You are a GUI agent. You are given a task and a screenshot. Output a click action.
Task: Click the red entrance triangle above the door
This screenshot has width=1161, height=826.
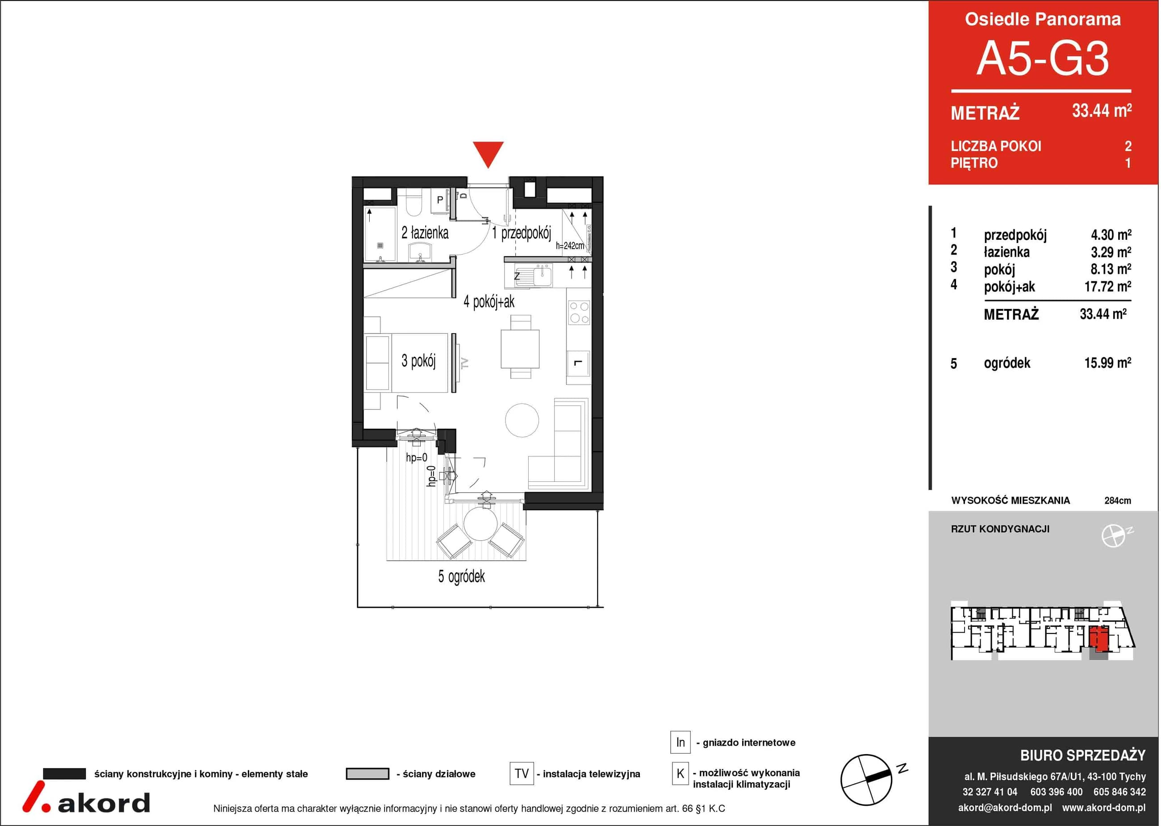point(488,154)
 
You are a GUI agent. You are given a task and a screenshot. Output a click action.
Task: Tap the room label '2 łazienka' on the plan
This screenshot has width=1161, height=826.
point(425,233)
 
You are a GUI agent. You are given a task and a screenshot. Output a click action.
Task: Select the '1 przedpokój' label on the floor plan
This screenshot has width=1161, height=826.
point(521,234)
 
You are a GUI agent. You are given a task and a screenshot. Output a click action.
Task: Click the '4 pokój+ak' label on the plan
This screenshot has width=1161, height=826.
point(489,302)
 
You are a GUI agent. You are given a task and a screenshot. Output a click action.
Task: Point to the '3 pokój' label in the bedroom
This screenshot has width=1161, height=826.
point(418,361)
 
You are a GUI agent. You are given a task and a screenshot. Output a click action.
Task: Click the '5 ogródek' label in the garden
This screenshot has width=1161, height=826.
point(461,576)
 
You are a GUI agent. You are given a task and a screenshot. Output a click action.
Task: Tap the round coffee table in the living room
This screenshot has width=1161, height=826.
point(522,420)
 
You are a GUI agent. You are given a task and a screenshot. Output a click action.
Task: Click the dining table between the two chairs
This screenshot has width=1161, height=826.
point(520,349)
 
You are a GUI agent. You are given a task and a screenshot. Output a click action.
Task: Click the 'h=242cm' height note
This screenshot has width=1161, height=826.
point(570,246)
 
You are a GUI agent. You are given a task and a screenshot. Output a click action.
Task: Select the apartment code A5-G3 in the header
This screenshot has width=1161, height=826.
point(1043,59)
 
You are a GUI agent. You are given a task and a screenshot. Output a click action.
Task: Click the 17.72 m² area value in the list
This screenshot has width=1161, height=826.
point(1107,286)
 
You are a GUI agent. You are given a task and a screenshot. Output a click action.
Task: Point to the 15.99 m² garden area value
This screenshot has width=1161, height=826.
point(1107,363)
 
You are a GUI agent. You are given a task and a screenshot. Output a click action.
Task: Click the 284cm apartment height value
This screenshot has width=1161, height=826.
point(1118,501)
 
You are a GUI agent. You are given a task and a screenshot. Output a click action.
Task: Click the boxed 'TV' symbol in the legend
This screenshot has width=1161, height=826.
point(521,774)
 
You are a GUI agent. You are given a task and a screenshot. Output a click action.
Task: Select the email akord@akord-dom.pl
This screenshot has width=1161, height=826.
point(1005,808)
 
